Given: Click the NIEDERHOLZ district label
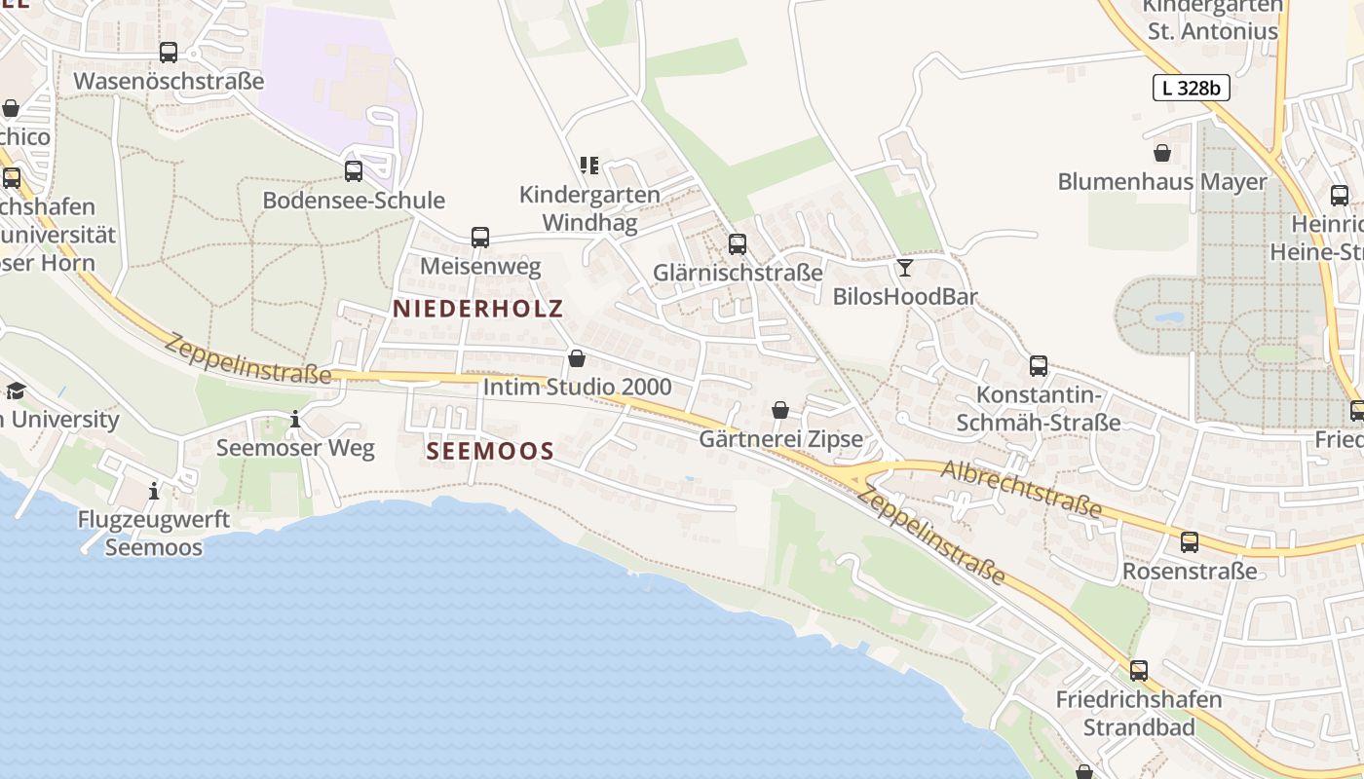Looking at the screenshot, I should (477, 310).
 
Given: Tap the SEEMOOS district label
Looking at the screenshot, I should (490, 451).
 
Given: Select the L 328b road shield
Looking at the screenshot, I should (1191, 88).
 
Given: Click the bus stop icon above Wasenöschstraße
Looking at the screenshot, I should (169, 53).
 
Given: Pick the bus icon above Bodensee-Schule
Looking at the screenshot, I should (354, 171).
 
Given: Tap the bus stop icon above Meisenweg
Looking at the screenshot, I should (479, 237).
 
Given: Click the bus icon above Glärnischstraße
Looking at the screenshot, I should (738, 243).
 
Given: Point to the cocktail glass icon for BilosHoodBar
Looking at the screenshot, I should (905, 267).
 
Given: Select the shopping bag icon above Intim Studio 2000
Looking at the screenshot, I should (577, 358).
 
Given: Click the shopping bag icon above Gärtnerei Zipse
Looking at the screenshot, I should (780, 410).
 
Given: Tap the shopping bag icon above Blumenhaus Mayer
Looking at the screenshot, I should (1162, 153).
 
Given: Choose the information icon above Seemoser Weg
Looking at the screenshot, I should (295, 420).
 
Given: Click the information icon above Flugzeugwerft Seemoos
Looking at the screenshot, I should (154, 491).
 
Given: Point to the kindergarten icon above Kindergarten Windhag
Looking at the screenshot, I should (588, 166).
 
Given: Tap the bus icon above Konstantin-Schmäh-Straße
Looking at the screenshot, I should (1039, 366).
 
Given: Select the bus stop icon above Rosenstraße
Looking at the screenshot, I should (1190, 542).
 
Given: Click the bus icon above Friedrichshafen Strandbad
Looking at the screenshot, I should (1139, 671).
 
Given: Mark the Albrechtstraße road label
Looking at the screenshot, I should (1021, 489).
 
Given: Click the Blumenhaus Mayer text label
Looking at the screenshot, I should (1162, 182).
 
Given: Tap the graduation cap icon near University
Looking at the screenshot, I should (16, 391).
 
